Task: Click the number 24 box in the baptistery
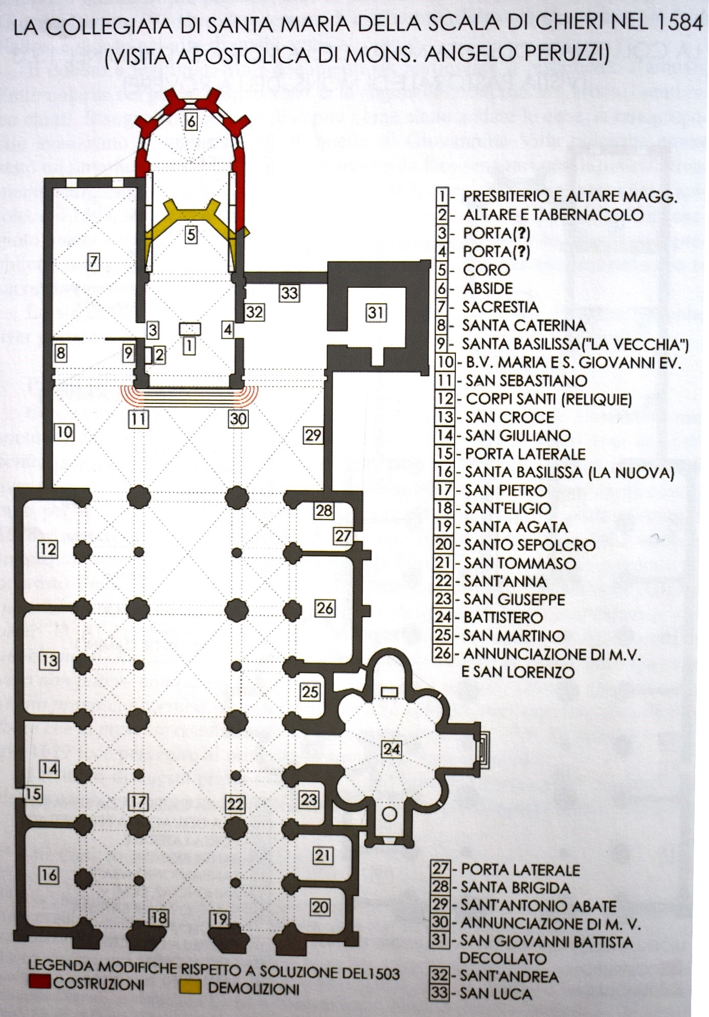(392, 749)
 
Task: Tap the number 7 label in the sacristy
(93, 262)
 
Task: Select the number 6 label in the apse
(191, 122)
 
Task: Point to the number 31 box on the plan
(376, 312)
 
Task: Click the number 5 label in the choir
(191, 234)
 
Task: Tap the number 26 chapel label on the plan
(325, 608)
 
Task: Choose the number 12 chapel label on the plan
(48, 550)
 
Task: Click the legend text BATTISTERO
(503, 617)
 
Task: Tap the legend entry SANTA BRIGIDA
(515, 887)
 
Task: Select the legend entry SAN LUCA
(496, 994)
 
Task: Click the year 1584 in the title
(676, 25)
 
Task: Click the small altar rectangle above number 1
(189, 328)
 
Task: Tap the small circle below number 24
(390, 813)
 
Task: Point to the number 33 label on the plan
(289, 293)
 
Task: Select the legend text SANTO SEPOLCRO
(530, 545)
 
